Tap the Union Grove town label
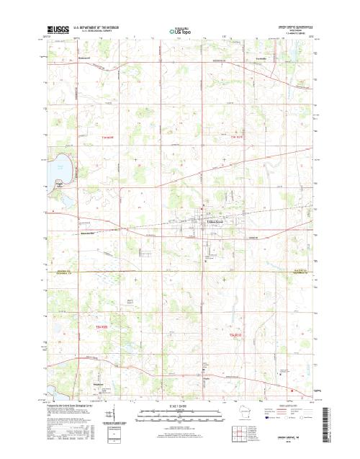click(215, 222)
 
